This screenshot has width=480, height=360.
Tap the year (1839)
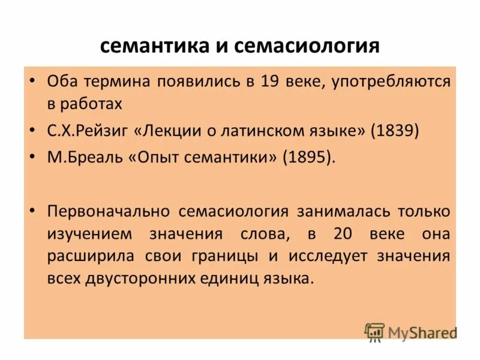point(395,131)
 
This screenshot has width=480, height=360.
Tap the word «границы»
point(230,256)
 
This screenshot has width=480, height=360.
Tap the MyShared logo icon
point(374,332)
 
